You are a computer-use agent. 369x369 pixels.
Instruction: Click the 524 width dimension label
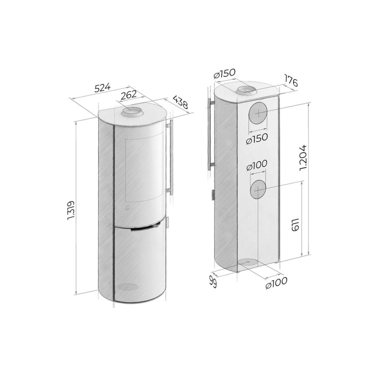102,87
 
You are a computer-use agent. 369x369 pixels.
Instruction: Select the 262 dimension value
128,94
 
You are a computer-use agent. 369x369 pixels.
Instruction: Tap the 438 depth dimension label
180,102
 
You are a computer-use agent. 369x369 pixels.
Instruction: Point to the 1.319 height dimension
71,210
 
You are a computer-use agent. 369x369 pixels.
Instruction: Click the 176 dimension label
291,80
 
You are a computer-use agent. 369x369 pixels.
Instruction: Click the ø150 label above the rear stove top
224,74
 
